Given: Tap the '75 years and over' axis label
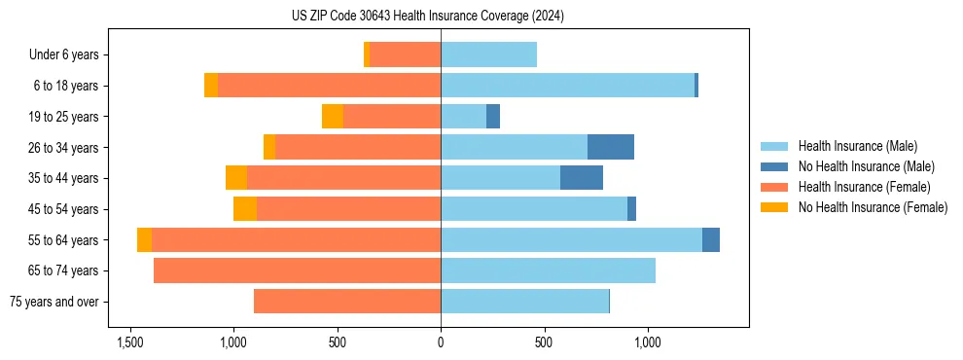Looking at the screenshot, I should (54, 302).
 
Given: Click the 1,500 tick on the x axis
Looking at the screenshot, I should (130, 342).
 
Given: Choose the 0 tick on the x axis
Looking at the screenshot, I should (441, 342).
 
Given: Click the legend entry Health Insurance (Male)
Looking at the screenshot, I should (857, 146).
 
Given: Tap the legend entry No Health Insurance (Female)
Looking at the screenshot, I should (873, 207).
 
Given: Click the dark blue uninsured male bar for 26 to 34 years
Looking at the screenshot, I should (611, 147).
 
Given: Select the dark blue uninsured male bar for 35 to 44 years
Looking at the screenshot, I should (582, 178).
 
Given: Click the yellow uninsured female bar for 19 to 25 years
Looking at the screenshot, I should (333, 117).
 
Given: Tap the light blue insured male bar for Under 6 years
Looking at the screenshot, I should (488, 54).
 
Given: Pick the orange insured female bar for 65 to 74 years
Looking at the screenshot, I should (297, 270).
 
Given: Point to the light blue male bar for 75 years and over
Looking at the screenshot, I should (524, 302).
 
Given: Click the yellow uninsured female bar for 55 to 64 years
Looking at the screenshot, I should (144, 240).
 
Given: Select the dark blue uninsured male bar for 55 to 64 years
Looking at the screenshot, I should (711, 240).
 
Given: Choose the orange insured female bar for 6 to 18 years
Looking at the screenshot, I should (329, 86).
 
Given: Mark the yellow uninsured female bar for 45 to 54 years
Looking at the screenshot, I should (245, 209).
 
